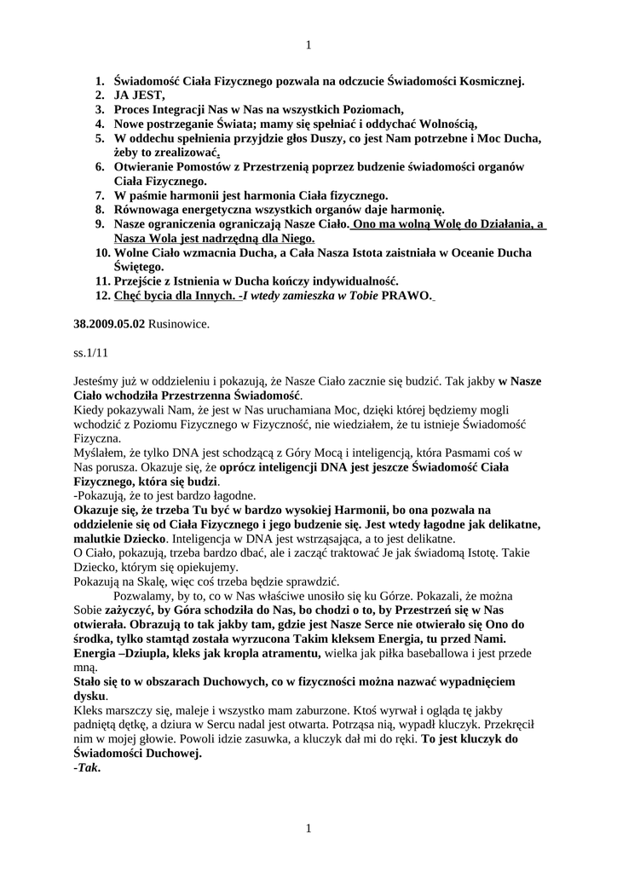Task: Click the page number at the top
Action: (x=308, y=45)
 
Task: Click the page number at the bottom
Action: (x=308, y=828)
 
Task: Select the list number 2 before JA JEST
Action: (x=100, y=95)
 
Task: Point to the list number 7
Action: (x=100, y=195)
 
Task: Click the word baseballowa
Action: (x=461, y=652)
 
